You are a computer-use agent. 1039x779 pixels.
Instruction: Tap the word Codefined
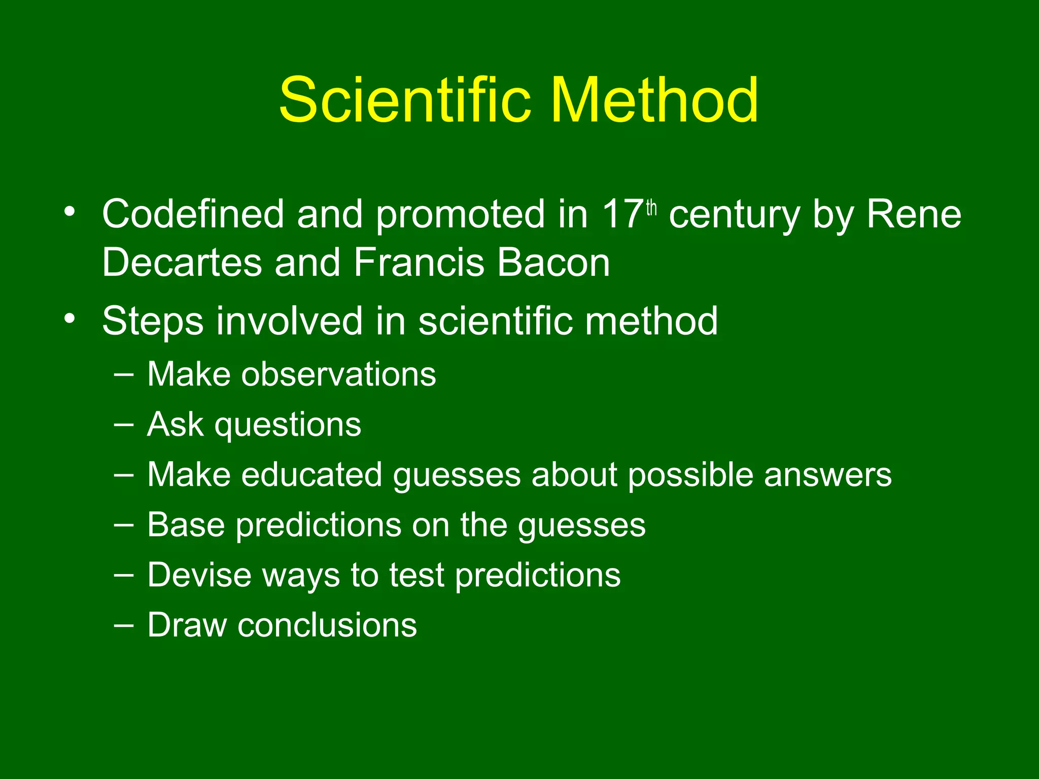tap(193, 215)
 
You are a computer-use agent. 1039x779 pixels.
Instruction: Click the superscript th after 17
tap(651, 208)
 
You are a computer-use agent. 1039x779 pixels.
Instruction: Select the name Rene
tap(913, 215)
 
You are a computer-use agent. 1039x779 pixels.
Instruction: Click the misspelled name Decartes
tap(181, 263)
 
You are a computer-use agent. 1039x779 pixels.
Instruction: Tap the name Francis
tap(419, 263)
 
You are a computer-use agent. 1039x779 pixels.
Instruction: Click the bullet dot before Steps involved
tap(70, 318)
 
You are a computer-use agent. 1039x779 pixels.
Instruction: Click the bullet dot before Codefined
tap(70, 211)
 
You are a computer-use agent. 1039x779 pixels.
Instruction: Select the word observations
tap(338, 374)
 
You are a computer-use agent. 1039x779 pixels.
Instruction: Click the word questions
tap(288, 425)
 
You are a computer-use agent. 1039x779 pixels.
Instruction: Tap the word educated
tap(311, 475)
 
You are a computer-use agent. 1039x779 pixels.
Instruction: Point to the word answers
tap(827, 475)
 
